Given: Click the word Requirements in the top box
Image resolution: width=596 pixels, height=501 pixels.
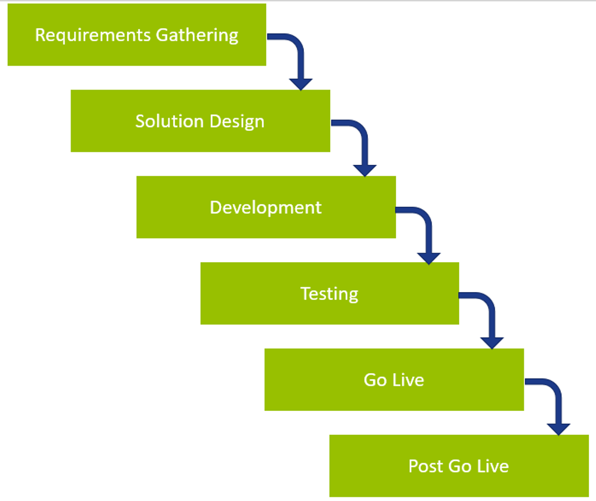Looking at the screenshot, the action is (x=93, y=36).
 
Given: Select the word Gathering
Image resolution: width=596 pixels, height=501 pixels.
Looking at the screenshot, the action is (x=197, y=36).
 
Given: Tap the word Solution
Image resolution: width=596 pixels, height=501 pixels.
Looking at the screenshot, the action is (x=170, y=121).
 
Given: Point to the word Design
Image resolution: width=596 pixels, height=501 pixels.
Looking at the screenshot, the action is (x=237, y=122).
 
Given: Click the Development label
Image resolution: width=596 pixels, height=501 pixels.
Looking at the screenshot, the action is (x=266, y=208).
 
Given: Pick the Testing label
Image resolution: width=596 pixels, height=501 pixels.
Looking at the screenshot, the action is (x=330, y=294).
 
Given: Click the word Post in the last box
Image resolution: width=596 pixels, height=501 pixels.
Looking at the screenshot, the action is (x=426, y=466).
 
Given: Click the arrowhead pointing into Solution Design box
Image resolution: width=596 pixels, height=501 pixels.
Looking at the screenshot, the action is (x=300, y=84).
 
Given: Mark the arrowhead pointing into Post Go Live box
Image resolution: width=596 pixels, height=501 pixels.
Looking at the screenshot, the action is (x=558, y=429).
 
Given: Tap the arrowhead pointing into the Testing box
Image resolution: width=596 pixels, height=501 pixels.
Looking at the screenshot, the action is (x=429, y=258).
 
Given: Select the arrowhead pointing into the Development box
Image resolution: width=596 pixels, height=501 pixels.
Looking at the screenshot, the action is (x=364, y=170).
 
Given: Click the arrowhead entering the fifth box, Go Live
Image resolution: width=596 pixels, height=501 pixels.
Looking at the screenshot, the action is (x=492, y=343).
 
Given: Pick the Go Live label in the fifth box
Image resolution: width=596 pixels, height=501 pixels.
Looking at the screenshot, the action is (x=394, y=380).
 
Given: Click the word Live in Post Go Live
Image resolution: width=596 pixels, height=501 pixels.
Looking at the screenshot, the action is (x=493, y=466).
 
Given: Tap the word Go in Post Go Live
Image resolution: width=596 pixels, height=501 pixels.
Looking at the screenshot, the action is (x=460, y=466).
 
